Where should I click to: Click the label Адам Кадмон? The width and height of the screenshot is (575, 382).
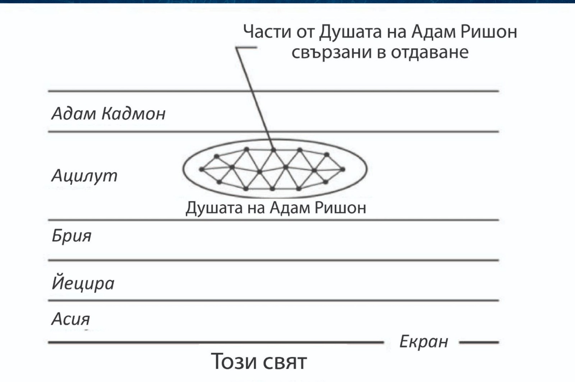point(109,114)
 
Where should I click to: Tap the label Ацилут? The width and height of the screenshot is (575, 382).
point(84,176)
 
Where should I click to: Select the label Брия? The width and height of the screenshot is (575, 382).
point(72,236)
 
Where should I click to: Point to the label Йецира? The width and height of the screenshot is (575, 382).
point(83,283)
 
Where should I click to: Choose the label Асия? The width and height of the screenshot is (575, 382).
point(70,319)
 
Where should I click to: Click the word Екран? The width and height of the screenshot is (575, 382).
point(424,342)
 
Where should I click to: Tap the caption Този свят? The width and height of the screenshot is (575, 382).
point(259,361)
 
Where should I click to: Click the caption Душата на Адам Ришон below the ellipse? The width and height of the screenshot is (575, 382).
point(276,208)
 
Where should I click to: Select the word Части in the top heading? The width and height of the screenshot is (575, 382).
point(267,32)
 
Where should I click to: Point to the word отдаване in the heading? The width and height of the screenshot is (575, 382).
point(429,52)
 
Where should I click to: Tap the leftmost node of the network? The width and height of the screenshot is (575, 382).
point(202,169)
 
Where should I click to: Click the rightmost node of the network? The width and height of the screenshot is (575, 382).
point(343,169)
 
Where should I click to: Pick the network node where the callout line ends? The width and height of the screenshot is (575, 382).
point(273,149)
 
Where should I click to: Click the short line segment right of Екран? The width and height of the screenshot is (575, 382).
point(479,342)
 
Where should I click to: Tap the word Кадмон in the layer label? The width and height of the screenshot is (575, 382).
point(133,114)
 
